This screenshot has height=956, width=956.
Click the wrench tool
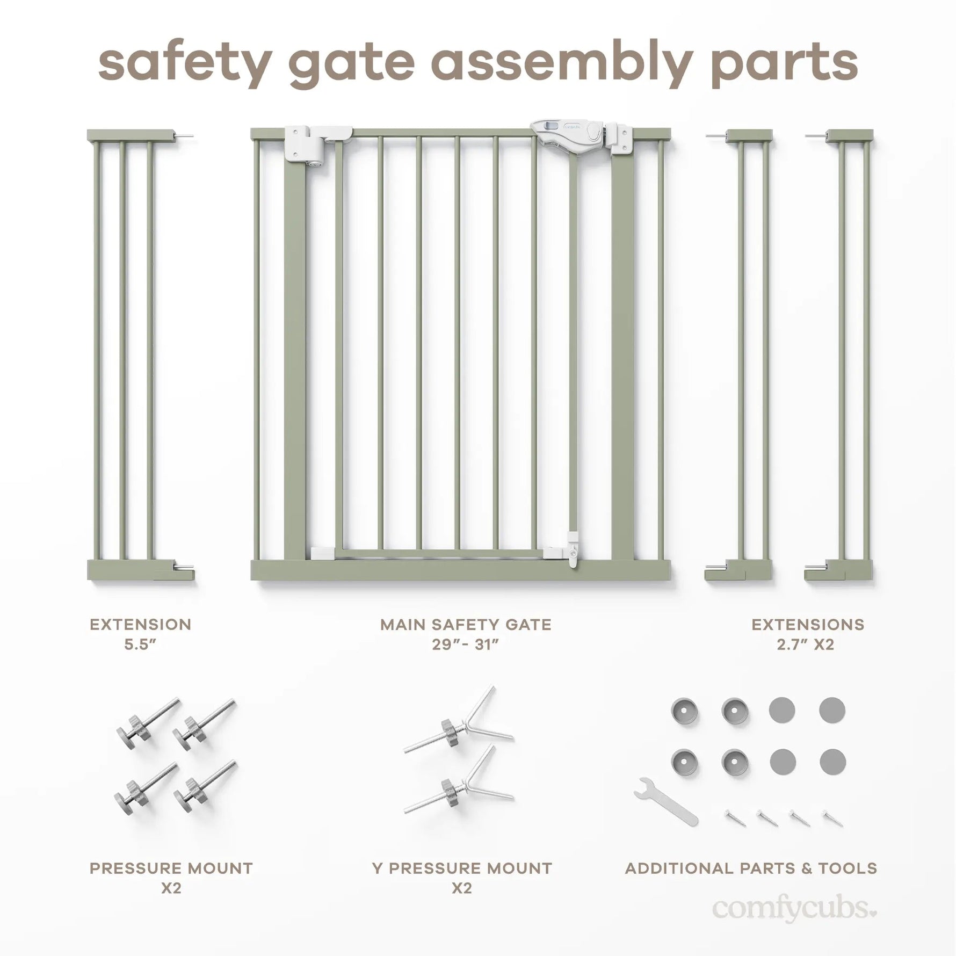point(665,802)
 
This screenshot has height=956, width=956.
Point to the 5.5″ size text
point(140,644)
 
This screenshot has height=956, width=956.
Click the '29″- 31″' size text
point(466,644)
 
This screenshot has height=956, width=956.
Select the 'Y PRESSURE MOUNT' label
point(462,868)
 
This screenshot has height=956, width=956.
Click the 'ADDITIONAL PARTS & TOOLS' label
point(751,868)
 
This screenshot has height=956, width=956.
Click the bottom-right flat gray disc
point(832,762)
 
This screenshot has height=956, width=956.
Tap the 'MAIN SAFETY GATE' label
point(466,625)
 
